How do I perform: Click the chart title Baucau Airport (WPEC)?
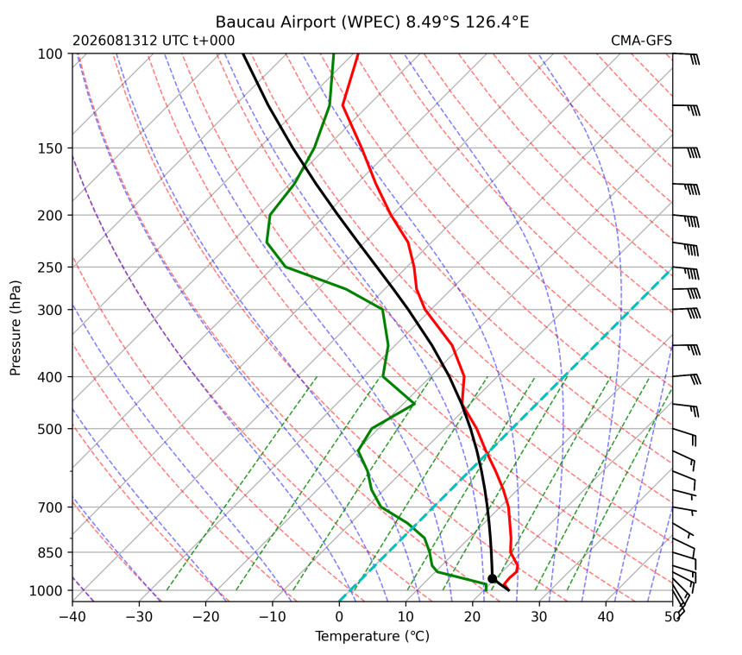(308, 22)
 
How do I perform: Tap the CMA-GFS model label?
(641, 41)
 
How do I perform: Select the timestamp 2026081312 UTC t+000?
(154, 41)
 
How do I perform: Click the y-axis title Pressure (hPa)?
(16, 328)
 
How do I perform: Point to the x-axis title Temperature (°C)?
(373, 637)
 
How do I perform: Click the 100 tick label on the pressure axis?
(50, 54)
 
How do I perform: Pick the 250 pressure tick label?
(50, 268)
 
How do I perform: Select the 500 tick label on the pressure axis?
(50, 429)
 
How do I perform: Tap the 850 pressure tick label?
(50, 553)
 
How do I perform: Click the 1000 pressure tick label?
(47, 590)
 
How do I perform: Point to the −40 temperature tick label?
(72, 617)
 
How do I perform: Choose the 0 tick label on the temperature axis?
(339, 617)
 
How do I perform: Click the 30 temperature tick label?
(539, 617)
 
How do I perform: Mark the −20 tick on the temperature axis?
(206, 602)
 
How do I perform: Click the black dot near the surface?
(492, 578)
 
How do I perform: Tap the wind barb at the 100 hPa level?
(686, 58)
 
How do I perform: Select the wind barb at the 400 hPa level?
(687, 379)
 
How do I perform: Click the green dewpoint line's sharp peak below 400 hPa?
(414, 404)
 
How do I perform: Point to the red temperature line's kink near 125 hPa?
(343, 105)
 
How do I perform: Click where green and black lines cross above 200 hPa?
(304, 165)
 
